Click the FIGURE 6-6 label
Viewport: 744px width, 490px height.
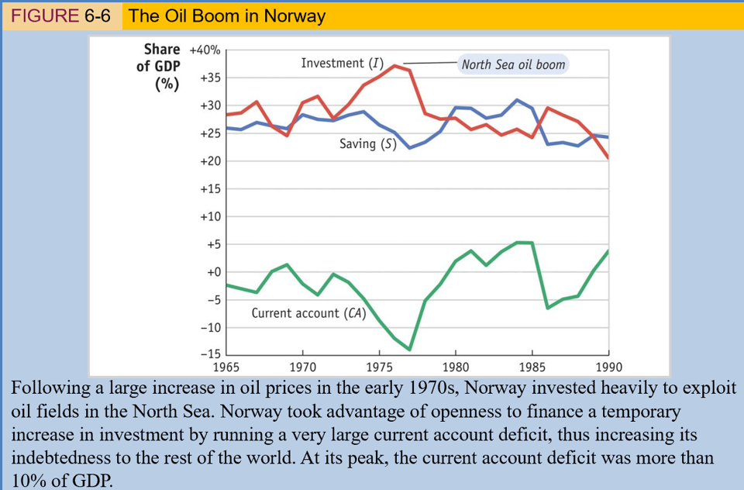coord(61,16)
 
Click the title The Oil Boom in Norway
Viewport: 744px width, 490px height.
coord(227,16)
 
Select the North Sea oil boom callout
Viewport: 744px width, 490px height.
coord(513,64)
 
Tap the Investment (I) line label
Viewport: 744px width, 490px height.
coord(342,62)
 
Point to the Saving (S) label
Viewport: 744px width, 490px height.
coord(368,144)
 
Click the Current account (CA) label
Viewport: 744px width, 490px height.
coord(308,313)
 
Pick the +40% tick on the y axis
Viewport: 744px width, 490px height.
coord(205,50)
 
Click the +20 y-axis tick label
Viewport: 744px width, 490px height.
coord(209,161)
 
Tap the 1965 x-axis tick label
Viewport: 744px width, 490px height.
coord(226,367)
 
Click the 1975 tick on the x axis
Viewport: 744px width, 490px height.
coord(379,367)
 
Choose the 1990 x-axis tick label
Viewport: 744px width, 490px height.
coord(608,367)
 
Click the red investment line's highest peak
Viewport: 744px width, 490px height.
coord(394,65)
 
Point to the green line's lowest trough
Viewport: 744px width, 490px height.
coord(409,350)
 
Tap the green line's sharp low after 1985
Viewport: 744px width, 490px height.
coord(547,308)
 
